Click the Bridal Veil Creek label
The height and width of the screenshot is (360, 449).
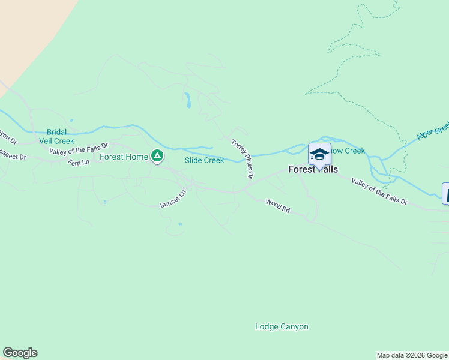click(60, 136)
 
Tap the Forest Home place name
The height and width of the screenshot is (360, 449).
click(124, 157)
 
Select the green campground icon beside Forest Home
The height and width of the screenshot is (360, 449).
click(157, 157)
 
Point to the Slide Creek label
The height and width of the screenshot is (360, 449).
click(204, 160)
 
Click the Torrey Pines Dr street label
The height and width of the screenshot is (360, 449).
click(243, 159)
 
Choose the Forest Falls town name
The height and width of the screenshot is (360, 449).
click(313, 169)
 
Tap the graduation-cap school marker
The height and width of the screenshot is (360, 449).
click(319, 155)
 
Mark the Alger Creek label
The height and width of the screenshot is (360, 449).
click(434, 130)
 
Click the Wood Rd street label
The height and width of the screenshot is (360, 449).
click(278, 206)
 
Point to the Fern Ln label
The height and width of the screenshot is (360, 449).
click(78, 163)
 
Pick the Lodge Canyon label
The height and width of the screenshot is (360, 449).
click(282, 327)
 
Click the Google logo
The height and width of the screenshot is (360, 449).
click(20, 353)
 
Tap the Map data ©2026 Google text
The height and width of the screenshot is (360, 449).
click(412, 355)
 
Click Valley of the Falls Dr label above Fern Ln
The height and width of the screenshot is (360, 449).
click(78, 149)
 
